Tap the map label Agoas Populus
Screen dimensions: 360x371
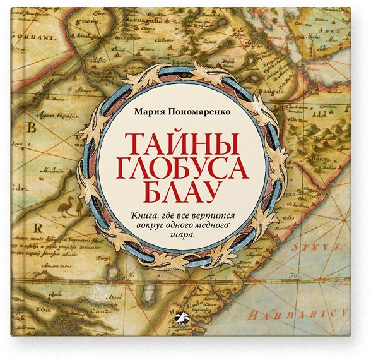54,117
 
